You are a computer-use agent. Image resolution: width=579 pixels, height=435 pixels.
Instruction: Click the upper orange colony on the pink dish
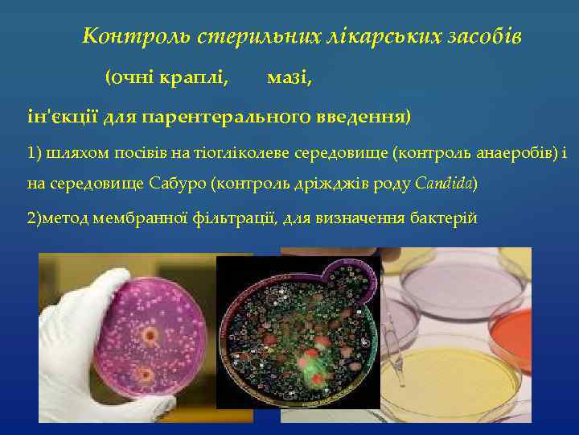point(150,332)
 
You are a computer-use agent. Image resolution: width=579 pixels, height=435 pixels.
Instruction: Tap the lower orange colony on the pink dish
point(144,374)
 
